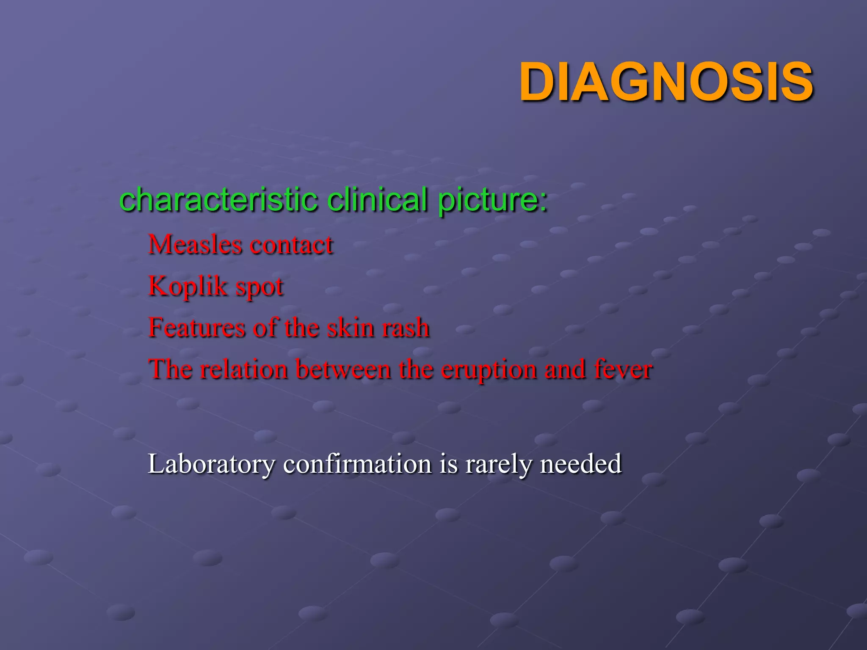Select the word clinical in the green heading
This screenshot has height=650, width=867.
377,199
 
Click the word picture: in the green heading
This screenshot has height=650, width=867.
493,200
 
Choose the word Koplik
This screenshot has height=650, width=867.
188,286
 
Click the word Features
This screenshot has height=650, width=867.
197,328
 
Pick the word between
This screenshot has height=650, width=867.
343,369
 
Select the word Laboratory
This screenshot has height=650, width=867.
211,464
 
